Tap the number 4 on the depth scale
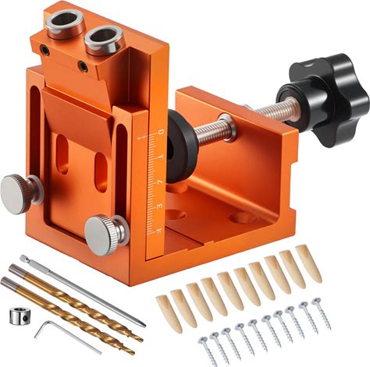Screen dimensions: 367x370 click(x=158, y=207)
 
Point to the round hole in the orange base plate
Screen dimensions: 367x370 click(x=241, y=217)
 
